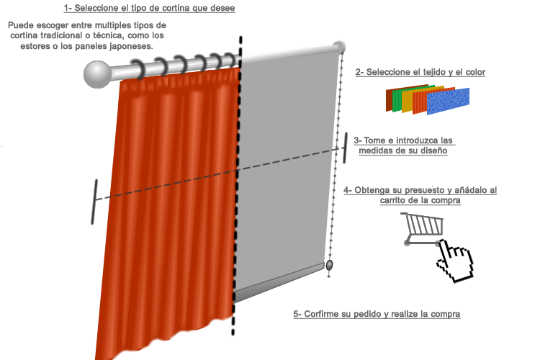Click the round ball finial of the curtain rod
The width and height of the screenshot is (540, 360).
click(97, 73)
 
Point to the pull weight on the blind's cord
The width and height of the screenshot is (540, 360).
click(329, 267)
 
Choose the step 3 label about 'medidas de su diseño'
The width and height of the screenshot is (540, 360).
click(403, 146)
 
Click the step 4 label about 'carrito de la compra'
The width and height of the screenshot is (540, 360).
click(420, 195)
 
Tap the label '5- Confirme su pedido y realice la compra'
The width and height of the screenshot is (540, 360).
click(377, 315)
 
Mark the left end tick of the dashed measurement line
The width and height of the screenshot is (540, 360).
click(94, 201)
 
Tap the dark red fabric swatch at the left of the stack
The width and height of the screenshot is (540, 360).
click(390, 100)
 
